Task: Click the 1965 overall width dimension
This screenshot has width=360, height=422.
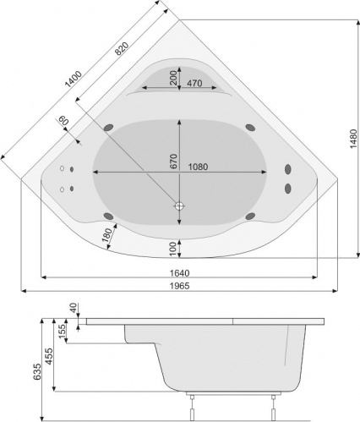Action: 180,286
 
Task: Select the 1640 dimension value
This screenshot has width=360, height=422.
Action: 180,273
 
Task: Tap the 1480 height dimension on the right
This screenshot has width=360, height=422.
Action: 353,138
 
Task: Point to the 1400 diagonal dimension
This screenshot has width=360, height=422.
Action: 74,79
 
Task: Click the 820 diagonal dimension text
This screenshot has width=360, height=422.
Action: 122,48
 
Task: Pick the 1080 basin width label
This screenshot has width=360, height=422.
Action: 198,167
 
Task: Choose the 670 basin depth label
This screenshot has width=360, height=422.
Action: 173,162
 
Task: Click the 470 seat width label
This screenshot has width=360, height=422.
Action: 194,83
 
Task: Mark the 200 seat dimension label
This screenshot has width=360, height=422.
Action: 173,78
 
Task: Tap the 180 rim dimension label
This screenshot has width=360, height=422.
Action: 107,235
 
